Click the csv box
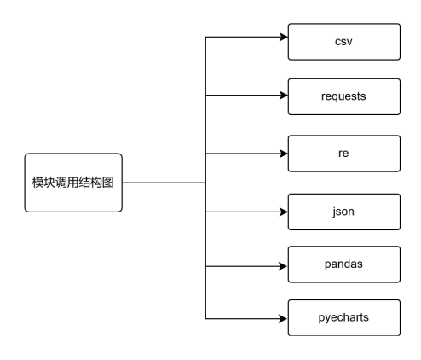click(x=343, y=41)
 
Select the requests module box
click(x=343, y=96)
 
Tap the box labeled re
click(x=343, y=153)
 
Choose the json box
click(x=343, y=211)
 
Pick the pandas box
click(x=343, y=265)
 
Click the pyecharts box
click(x=343, y=318)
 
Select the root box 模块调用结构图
click(x=73, y=183)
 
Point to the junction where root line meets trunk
click(x=206, y=183)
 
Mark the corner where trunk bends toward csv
click(x=206, y=38)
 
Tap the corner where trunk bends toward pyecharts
click(x=206, y=318)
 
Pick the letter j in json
click(x=333, y=211)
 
